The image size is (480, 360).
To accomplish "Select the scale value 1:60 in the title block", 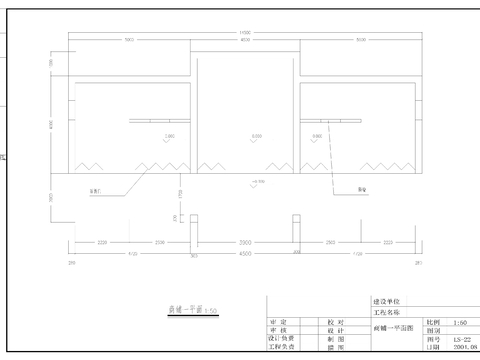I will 458,322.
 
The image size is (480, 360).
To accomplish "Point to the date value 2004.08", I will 461,349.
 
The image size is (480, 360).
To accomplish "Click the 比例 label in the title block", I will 431,322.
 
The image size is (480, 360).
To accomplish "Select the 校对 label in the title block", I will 335,322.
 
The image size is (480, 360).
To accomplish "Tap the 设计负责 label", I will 281,340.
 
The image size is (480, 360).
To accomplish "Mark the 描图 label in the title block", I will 335,349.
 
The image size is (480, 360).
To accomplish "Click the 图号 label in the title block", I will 431,340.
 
